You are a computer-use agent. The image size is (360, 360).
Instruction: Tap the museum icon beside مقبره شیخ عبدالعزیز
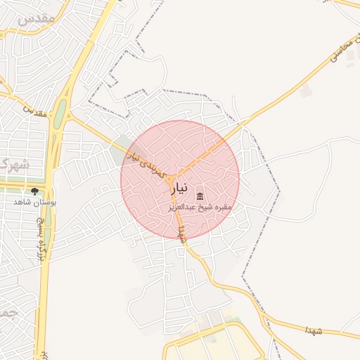pyautogui.click(x=200, y=196)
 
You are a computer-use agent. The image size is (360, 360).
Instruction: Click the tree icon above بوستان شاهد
pyautogui.click(x=33, y=191)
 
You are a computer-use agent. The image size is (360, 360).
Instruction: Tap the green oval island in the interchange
pyautogui.click(x=60, y=113)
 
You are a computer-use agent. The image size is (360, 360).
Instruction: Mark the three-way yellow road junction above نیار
pyautogui.click(x=176, y=175)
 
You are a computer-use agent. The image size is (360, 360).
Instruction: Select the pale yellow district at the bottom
pyautogui.click(x=211, y=341)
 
